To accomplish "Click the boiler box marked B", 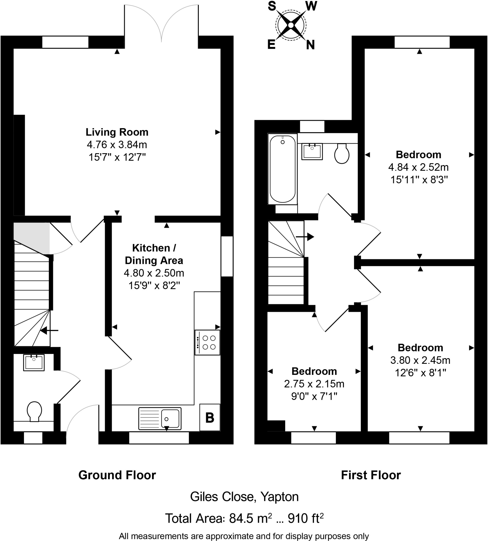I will tap(210, 418).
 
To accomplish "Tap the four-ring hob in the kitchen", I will tap(207, 343).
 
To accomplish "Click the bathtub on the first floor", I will tap(283, 169).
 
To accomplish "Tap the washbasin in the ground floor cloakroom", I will tap(34, 362).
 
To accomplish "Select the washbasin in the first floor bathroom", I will tap(312, 152).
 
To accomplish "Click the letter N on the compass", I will tap(310, 45).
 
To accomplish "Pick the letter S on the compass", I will tap(272, 6).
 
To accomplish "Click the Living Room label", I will tap(117, 132).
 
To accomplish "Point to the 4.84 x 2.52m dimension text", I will tap(418, 167).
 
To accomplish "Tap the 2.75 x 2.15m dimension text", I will tap(314, 384).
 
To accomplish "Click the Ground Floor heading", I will tap(117, 475).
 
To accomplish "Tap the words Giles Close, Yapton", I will tap(244, 497).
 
